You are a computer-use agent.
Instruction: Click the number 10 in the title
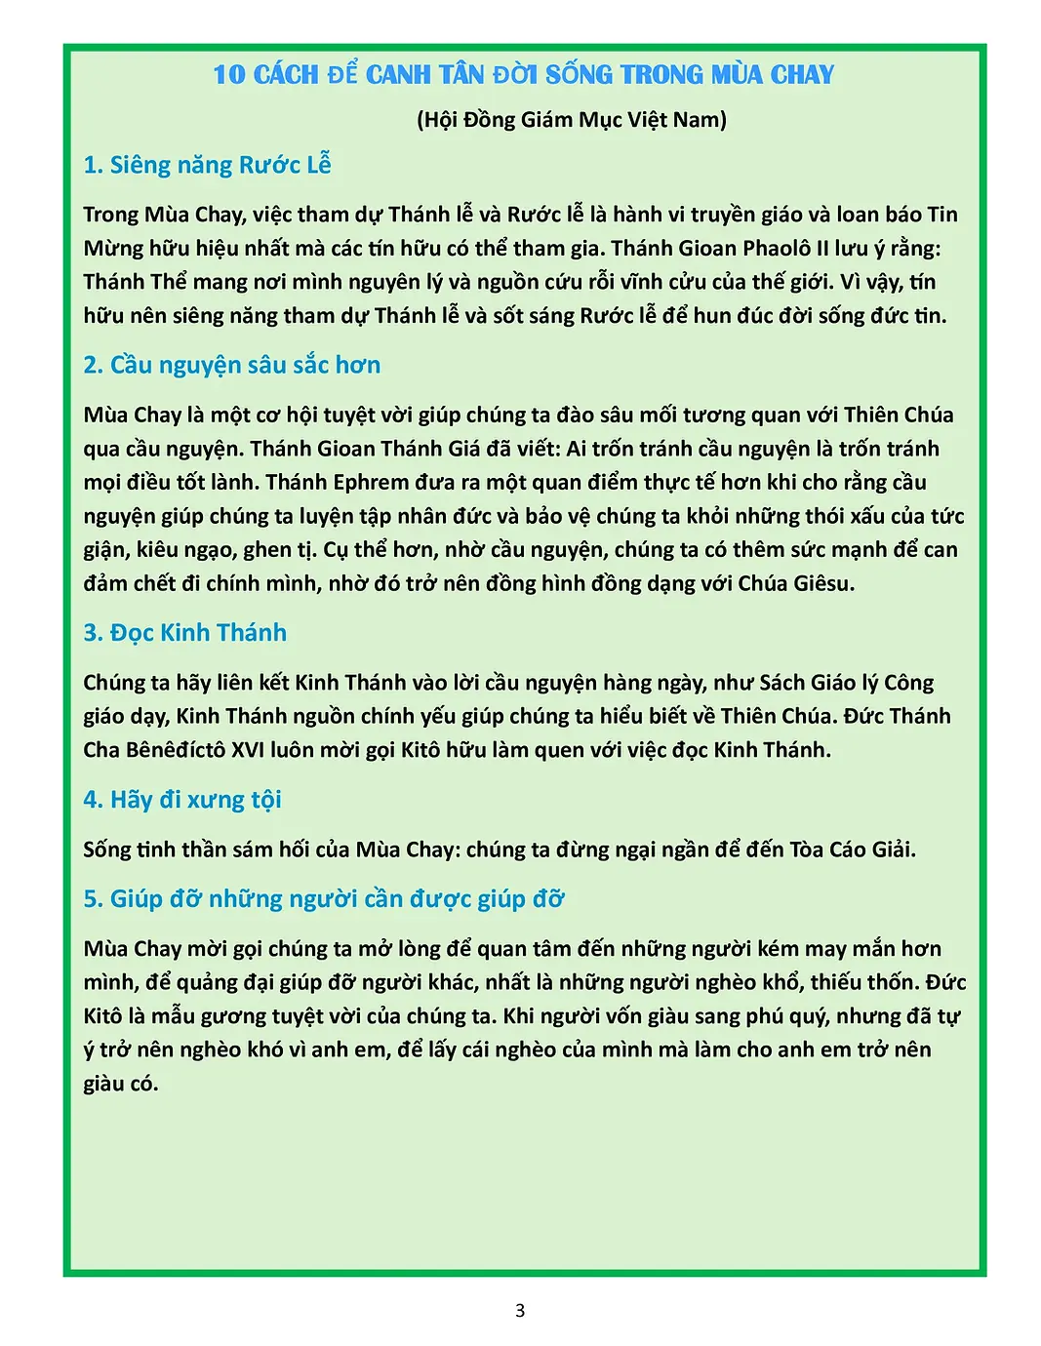tap(230, 75)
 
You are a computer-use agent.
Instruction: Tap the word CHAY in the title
tap(802, 75)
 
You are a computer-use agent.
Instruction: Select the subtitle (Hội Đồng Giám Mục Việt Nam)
tap(572, 120)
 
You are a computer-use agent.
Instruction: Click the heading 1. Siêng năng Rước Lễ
tap(207, 165)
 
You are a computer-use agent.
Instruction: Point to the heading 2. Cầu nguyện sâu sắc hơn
tap(231, 365)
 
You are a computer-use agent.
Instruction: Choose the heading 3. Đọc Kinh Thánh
tap(184, 632)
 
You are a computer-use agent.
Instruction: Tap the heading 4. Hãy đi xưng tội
tap(181, 800)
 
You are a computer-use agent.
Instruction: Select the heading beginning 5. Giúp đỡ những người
tap(323, 898)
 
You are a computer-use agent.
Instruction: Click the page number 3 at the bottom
tap(520, 1310)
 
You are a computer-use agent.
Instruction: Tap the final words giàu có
tap(120, 1083)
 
